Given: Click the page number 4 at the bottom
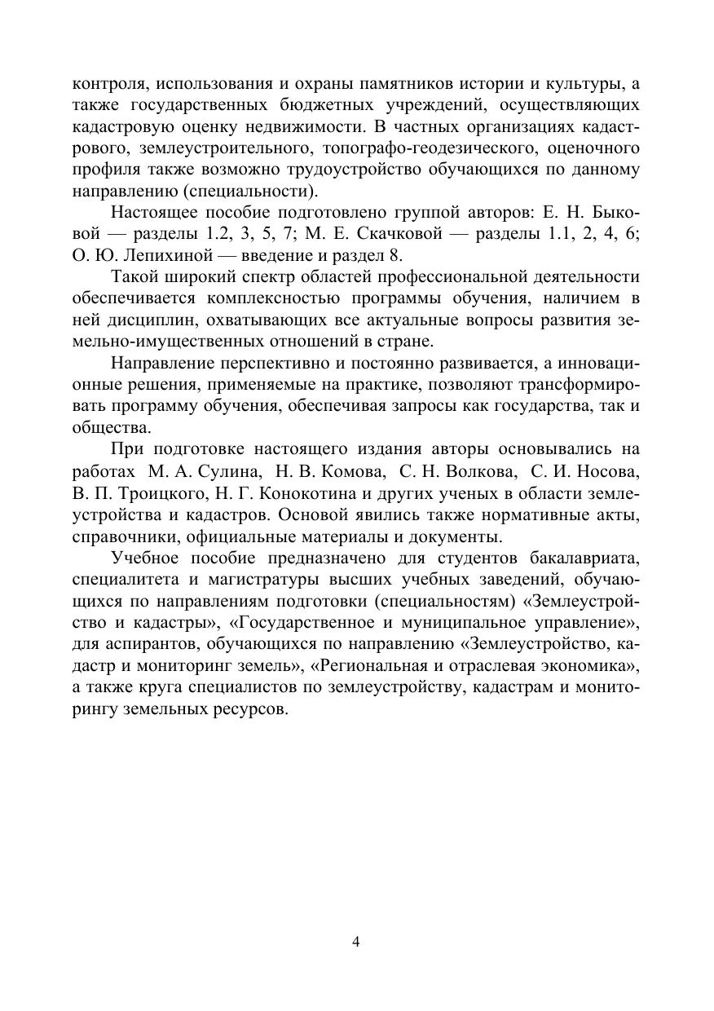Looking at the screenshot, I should tap(356, 943).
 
